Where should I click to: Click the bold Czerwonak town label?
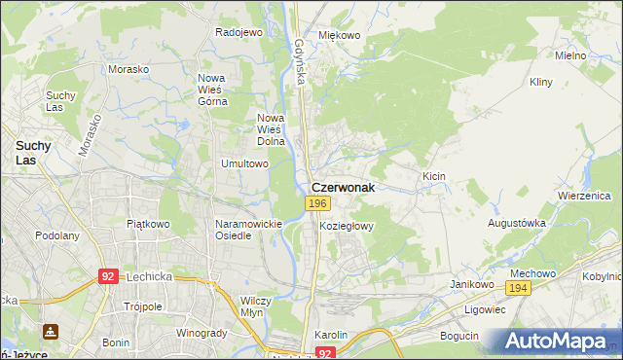(x=343, y=187)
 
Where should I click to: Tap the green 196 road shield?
(x=317, y=203)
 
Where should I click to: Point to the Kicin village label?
(x=434, y=175)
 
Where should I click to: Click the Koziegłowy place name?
(x=347, y=225)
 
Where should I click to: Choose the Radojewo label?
(x=239, y=32)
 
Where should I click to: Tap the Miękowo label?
(x=340, y=35)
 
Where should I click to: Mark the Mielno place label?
(x=570, y=55)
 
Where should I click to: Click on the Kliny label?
(x=541, y=83)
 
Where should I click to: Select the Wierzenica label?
(x=583, y=195)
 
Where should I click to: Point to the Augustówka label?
(x=517, y=223)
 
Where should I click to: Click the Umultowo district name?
(x=244, y=163)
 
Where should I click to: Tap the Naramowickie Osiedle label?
(x=248, y=230)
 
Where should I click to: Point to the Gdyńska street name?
(x=299, y=61)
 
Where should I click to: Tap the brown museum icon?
(x=51, y=331)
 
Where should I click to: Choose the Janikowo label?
(x=467, y=283)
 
